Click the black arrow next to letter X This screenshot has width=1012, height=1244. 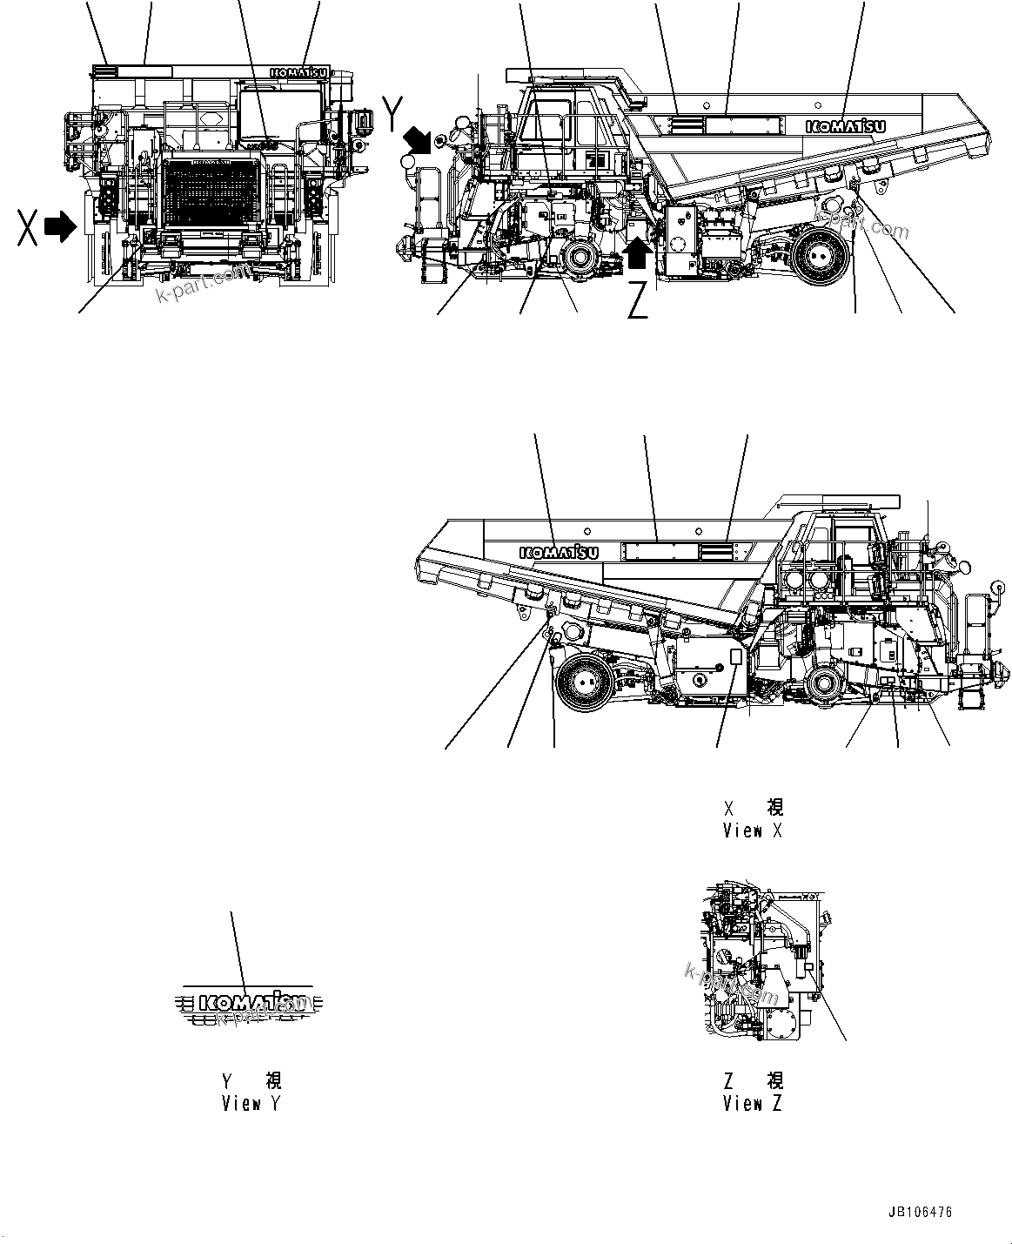(60, 227)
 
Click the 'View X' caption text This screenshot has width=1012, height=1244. (753, 830)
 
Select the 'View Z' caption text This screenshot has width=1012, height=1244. (753, 1104)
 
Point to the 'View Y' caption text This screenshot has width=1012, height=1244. (251, 1104)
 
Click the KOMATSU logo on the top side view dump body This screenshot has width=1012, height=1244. (846, 126)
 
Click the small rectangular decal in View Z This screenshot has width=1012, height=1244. (808, 967)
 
